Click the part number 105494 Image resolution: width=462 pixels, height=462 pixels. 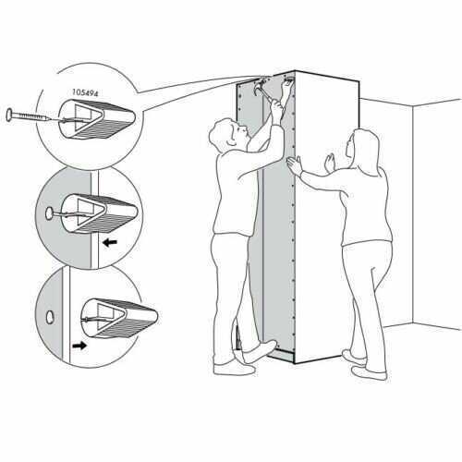(x=85, y=92)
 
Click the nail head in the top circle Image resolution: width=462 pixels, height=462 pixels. (x=10, y=115)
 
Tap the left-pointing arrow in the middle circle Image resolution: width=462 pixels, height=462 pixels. (x=110, y=243)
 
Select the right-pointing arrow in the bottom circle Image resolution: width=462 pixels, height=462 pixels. (x=79, y=346)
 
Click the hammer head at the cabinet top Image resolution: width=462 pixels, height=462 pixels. (x=259, y=87)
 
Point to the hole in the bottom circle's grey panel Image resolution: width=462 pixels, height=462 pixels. (x=50, y=317)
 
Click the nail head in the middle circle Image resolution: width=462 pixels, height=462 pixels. (x=49, y=213)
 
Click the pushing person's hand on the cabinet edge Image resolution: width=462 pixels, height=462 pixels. (x=295, y=165)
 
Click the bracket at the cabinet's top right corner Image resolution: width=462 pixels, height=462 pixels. (x=288, y=81)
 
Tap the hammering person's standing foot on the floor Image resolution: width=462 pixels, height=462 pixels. (x=234, y=369)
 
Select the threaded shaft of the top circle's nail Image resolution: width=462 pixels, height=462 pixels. (x=31, y=117)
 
